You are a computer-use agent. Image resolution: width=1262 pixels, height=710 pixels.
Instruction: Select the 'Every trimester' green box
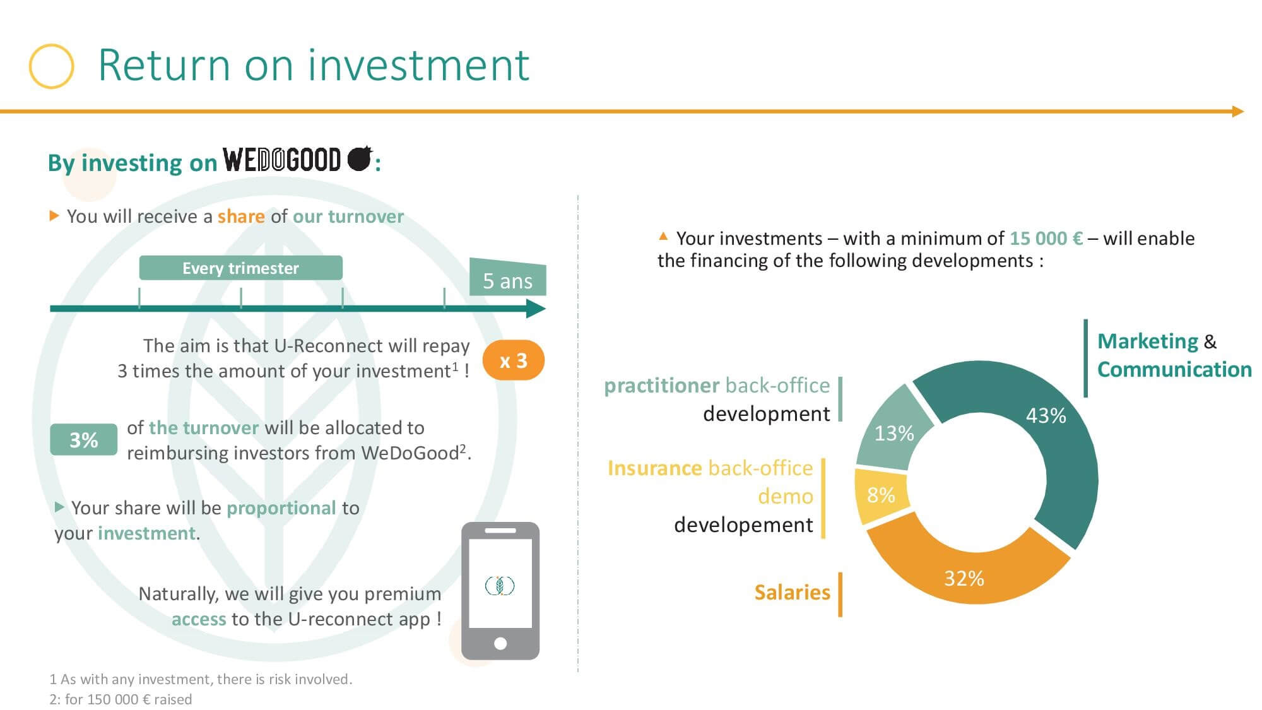240,268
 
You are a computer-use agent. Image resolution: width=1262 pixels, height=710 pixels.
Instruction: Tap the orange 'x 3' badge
513,360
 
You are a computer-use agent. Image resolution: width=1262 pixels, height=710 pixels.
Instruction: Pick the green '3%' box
83,439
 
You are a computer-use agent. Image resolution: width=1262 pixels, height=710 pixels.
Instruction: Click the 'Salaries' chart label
792,592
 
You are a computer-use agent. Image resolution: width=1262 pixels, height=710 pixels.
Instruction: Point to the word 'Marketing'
1147,341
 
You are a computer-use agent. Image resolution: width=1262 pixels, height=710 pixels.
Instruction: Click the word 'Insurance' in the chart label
654,468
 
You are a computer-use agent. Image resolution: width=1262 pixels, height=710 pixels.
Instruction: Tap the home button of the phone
500,644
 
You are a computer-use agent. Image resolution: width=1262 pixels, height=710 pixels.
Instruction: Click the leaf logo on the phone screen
500,586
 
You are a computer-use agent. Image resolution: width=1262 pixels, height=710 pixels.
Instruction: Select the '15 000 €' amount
1046,239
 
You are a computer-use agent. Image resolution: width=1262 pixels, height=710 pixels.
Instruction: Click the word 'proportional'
281,508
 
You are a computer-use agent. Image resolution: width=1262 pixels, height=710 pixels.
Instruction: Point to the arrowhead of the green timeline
536,309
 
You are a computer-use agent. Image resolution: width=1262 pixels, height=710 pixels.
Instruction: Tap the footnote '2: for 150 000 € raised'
121,699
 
